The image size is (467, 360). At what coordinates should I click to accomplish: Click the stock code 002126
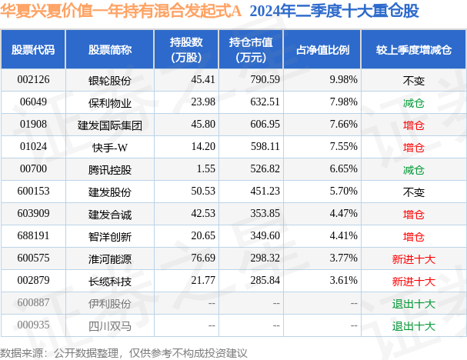pyautogui.click(x=33, y=79)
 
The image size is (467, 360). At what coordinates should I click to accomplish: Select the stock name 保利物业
pyautogui.click(x=110, y=102)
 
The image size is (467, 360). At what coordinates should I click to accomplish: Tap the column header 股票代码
pyautogui.click(x=33, y=50)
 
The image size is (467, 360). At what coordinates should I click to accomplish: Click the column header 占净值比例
pyautogui.click(x=323, y=50)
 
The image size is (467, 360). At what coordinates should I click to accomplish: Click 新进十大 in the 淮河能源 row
pyautogui.click(x=413, y=259)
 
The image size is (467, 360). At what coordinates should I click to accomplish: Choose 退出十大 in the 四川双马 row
pyautogui.click(x=413, y=326)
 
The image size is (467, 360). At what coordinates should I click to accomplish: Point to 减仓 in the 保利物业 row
pyautogui.click(x=413, y=102)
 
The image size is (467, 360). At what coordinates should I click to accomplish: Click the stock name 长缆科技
pyautogui.click(x=110, y=282)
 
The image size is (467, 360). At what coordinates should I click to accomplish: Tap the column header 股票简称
pyautogui.click(x=110, y=50)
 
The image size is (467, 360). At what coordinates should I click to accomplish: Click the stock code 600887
pyautogui.click(x=33, y=304)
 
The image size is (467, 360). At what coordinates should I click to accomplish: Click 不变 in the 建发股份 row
pyautogui.click(x=413, y=192)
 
